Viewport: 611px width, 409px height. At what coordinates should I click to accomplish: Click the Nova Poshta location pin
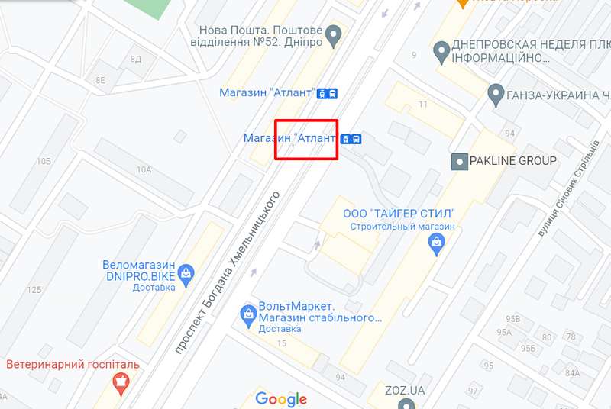[x=333, y=34]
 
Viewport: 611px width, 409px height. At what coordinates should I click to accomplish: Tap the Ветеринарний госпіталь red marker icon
[x=121, y=382]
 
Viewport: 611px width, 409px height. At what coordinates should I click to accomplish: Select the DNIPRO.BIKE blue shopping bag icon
[x=186, y=272]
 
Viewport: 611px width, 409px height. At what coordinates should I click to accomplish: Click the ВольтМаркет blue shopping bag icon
[x=247, y=313]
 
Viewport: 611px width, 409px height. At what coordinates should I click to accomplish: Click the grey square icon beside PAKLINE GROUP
[x=460, y=161]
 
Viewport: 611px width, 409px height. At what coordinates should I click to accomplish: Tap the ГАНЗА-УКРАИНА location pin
[x=495, y=95]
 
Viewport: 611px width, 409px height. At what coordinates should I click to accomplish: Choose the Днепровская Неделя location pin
[x=441, y=52]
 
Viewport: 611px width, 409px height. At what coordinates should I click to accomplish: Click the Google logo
[x=281, y=398]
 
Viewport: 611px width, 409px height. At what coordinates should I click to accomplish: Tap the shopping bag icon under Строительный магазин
[x=436, y=244]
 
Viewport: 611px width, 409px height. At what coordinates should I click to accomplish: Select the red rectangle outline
[x=306, y=140]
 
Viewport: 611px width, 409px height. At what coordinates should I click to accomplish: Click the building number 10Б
[x=43, y=161]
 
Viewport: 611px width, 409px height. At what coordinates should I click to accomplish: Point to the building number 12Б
[x=34, y=290]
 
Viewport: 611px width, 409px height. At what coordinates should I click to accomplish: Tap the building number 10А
[x=144, y=169]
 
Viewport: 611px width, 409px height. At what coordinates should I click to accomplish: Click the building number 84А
[x=573, y=373]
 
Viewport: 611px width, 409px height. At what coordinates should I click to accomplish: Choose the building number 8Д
[x=135, y=59]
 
